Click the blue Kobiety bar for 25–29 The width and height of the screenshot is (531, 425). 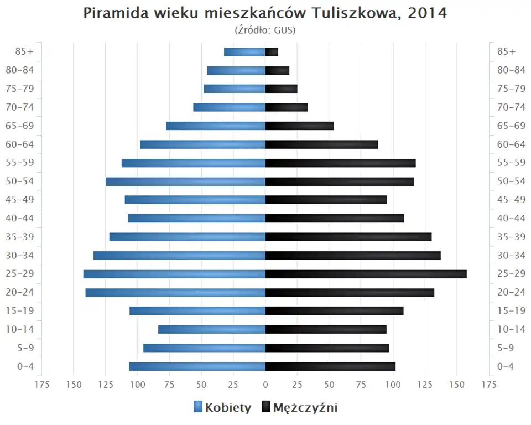174,274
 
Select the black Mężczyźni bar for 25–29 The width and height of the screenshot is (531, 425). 366,274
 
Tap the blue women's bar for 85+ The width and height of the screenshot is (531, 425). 244,52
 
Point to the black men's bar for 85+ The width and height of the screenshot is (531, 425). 272,52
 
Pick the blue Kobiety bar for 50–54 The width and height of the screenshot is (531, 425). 185,182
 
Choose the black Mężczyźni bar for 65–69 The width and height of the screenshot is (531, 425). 299,126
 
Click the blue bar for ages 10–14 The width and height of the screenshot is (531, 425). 211,329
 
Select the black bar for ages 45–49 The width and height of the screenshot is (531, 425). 326,200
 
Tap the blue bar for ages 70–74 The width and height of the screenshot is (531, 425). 229,107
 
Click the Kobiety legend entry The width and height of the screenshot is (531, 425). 222,408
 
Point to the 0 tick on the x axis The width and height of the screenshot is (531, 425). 265,385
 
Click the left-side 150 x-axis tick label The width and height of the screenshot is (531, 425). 74,385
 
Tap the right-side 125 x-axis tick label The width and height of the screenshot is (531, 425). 425,385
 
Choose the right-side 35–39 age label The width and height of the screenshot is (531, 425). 511,237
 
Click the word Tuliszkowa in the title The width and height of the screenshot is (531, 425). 354,13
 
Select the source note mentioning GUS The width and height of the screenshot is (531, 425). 265,30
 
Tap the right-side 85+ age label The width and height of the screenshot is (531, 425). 506,52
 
